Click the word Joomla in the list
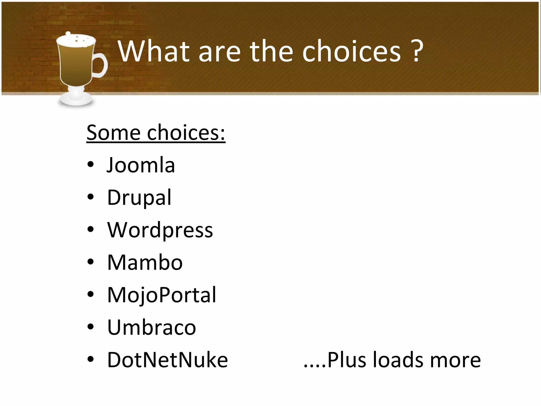[141, 165]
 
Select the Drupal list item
[139, 198]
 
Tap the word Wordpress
[160, 230]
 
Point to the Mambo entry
[145, 262]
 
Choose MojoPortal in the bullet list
[161, 295]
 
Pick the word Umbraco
[151, 327]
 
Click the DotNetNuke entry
[167, 360]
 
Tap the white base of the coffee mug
[76, 100]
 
